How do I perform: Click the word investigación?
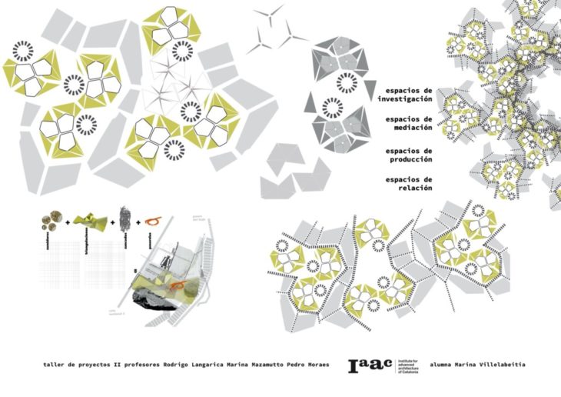405,99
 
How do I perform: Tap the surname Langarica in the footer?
194,364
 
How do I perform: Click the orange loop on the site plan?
178,285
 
